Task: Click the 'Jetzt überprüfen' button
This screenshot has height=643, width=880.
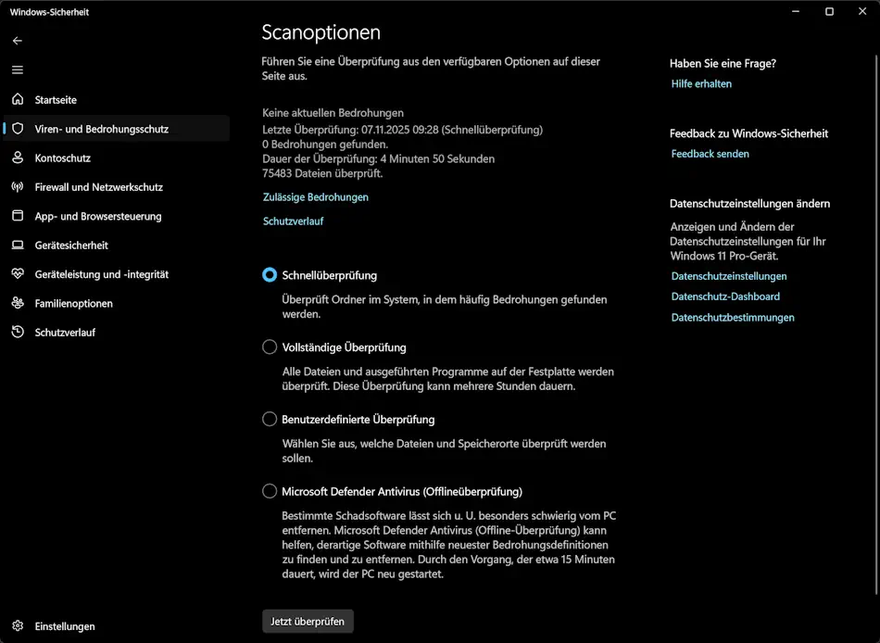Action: click(308, 621)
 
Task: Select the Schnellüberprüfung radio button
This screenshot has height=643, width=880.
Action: click(270, 275)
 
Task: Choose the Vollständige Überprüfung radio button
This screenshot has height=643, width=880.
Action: click(270, 347)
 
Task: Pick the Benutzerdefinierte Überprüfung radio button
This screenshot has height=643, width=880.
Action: click(270, 420)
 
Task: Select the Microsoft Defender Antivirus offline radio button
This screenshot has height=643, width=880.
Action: click(270, 491)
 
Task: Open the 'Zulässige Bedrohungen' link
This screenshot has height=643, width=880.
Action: click(315, 197)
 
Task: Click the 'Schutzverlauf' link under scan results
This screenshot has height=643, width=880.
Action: click(293, 221)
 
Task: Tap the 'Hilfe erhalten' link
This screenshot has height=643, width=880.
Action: click(701, 83)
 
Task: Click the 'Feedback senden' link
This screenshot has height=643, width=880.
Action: click(710, 154)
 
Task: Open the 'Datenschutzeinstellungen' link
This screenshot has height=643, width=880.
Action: click(729, 276)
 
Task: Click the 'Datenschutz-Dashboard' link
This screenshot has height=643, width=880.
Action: click(725, 296)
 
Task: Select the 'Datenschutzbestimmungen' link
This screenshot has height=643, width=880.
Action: click(733, 317)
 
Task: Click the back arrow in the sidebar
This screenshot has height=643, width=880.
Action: click(18, 41)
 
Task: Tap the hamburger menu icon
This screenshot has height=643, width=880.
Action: click(18, 69)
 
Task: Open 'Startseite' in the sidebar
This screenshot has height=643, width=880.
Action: click(56, 99)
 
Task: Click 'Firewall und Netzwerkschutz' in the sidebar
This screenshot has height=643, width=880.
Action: click(98, 187)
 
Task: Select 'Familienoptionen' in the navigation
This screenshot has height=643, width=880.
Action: click(73, 303)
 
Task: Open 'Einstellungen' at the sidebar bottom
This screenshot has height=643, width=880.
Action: click(65, 626)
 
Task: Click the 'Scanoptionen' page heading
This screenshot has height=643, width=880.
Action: click(321, 32)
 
